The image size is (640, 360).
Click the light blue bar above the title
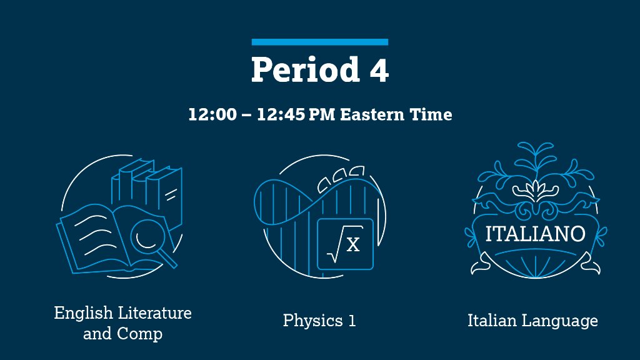click(x=320, y=42)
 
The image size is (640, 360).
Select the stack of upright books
click(x=147, y=187)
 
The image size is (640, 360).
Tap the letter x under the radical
click(x=353, y=244)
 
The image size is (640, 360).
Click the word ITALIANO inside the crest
click(x=536, y=234)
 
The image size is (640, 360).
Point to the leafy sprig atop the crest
click(x=536, y=166)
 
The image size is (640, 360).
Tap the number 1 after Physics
click(x=352, y=321)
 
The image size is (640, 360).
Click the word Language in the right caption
click(x=559, y=321)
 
